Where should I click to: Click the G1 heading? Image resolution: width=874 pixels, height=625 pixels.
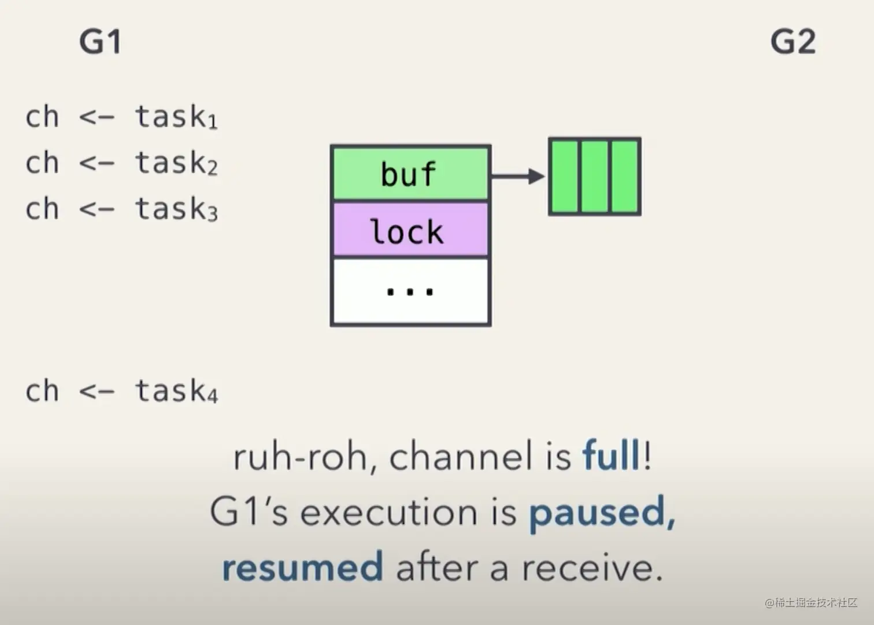click(x=100, y=42)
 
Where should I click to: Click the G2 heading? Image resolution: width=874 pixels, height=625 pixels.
click(x=792, y=42)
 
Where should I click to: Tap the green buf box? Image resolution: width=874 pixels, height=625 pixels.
click(x=410, y=173)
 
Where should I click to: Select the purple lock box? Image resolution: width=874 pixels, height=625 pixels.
click(x=410, y=231)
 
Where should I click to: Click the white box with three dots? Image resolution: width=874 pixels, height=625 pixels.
click(x=410, y=291)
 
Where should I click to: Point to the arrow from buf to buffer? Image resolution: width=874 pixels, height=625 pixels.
click(x=518, y=176)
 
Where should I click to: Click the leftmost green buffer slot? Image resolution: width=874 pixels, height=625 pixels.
click(x=564, y=176)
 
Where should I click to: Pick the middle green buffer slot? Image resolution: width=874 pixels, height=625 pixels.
click(x=595, y=176)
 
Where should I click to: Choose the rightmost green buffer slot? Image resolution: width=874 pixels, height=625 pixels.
click(x=625, y=176)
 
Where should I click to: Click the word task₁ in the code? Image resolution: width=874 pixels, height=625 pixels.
click(x=176, y=117)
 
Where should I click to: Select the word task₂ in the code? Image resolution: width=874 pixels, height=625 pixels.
click(x=176, y=163)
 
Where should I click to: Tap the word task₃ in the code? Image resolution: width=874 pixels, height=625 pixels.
click(x=176, y=209)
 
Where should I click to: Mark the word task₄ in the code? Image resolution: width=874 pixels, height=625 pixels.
click(x=176, y=391)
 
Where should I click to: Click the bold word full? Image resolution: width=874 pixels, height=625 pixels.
click(x=611, y=456)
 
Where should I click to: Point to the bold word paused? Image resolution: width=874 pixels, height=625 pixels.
click(x=602, y=512)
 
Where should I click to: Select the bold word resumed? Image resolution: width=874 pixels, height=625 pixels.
click(x=302, y=567)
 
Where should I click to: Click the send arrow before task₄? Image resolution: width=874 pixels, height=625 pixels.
click(x=97, y=391)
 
